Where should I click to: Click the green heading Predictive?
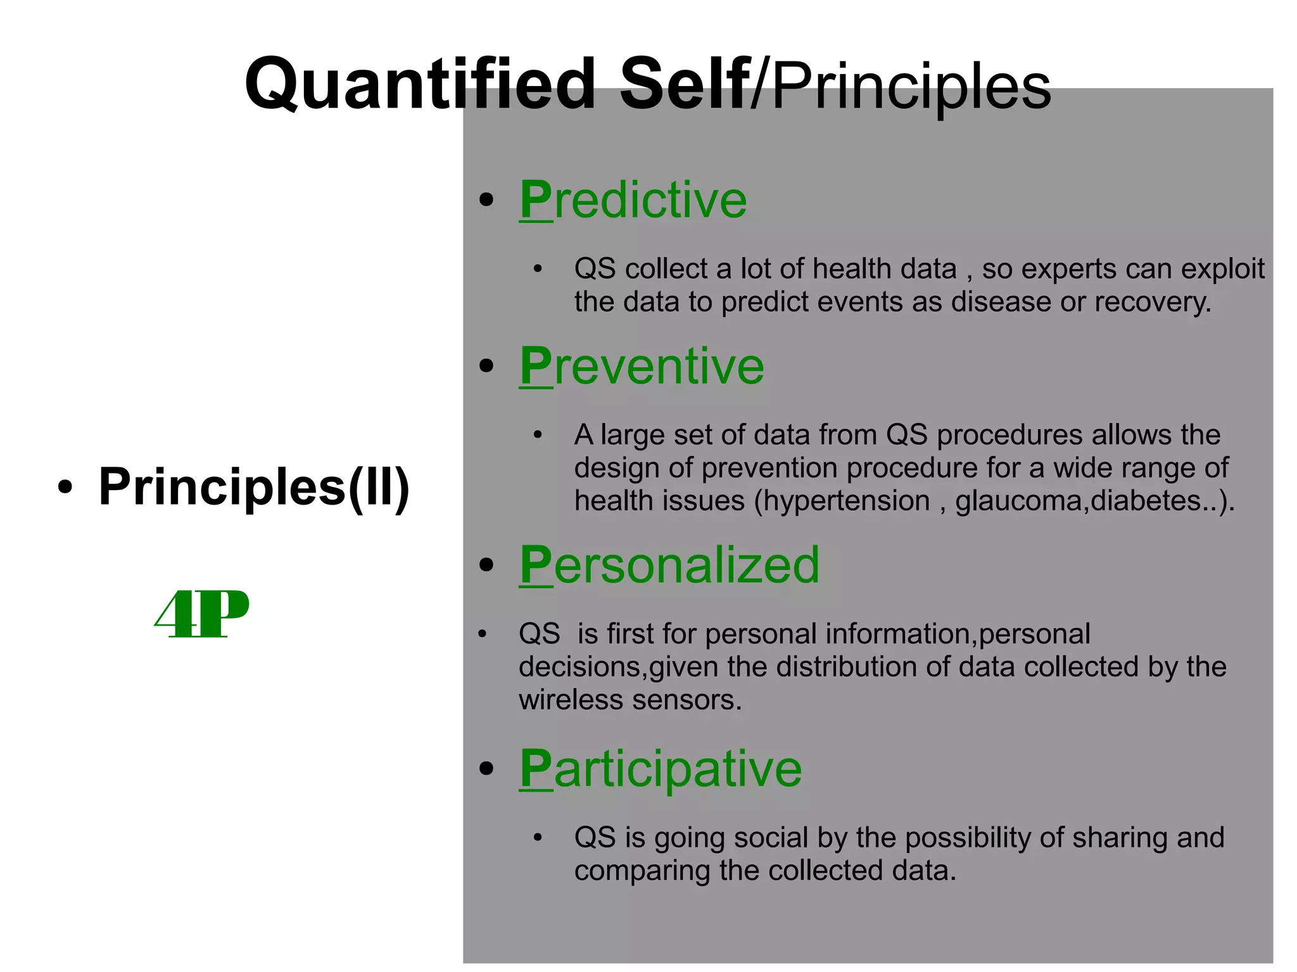coord(633,200)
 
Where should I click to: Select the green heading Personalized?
coord(669,565)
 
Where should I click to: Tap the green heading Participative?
coord(661,769)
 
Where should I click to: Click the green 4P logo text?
coord(202,614)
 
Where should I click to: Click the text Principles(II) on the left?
coord(254,486)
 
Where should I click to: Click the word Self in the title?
coord(684,84)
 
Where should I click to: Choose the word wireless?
coord(571,700)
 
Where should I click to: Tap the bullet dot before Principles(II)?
coord(65,488)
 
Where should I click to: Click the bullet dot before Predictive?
coord(486,201)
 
